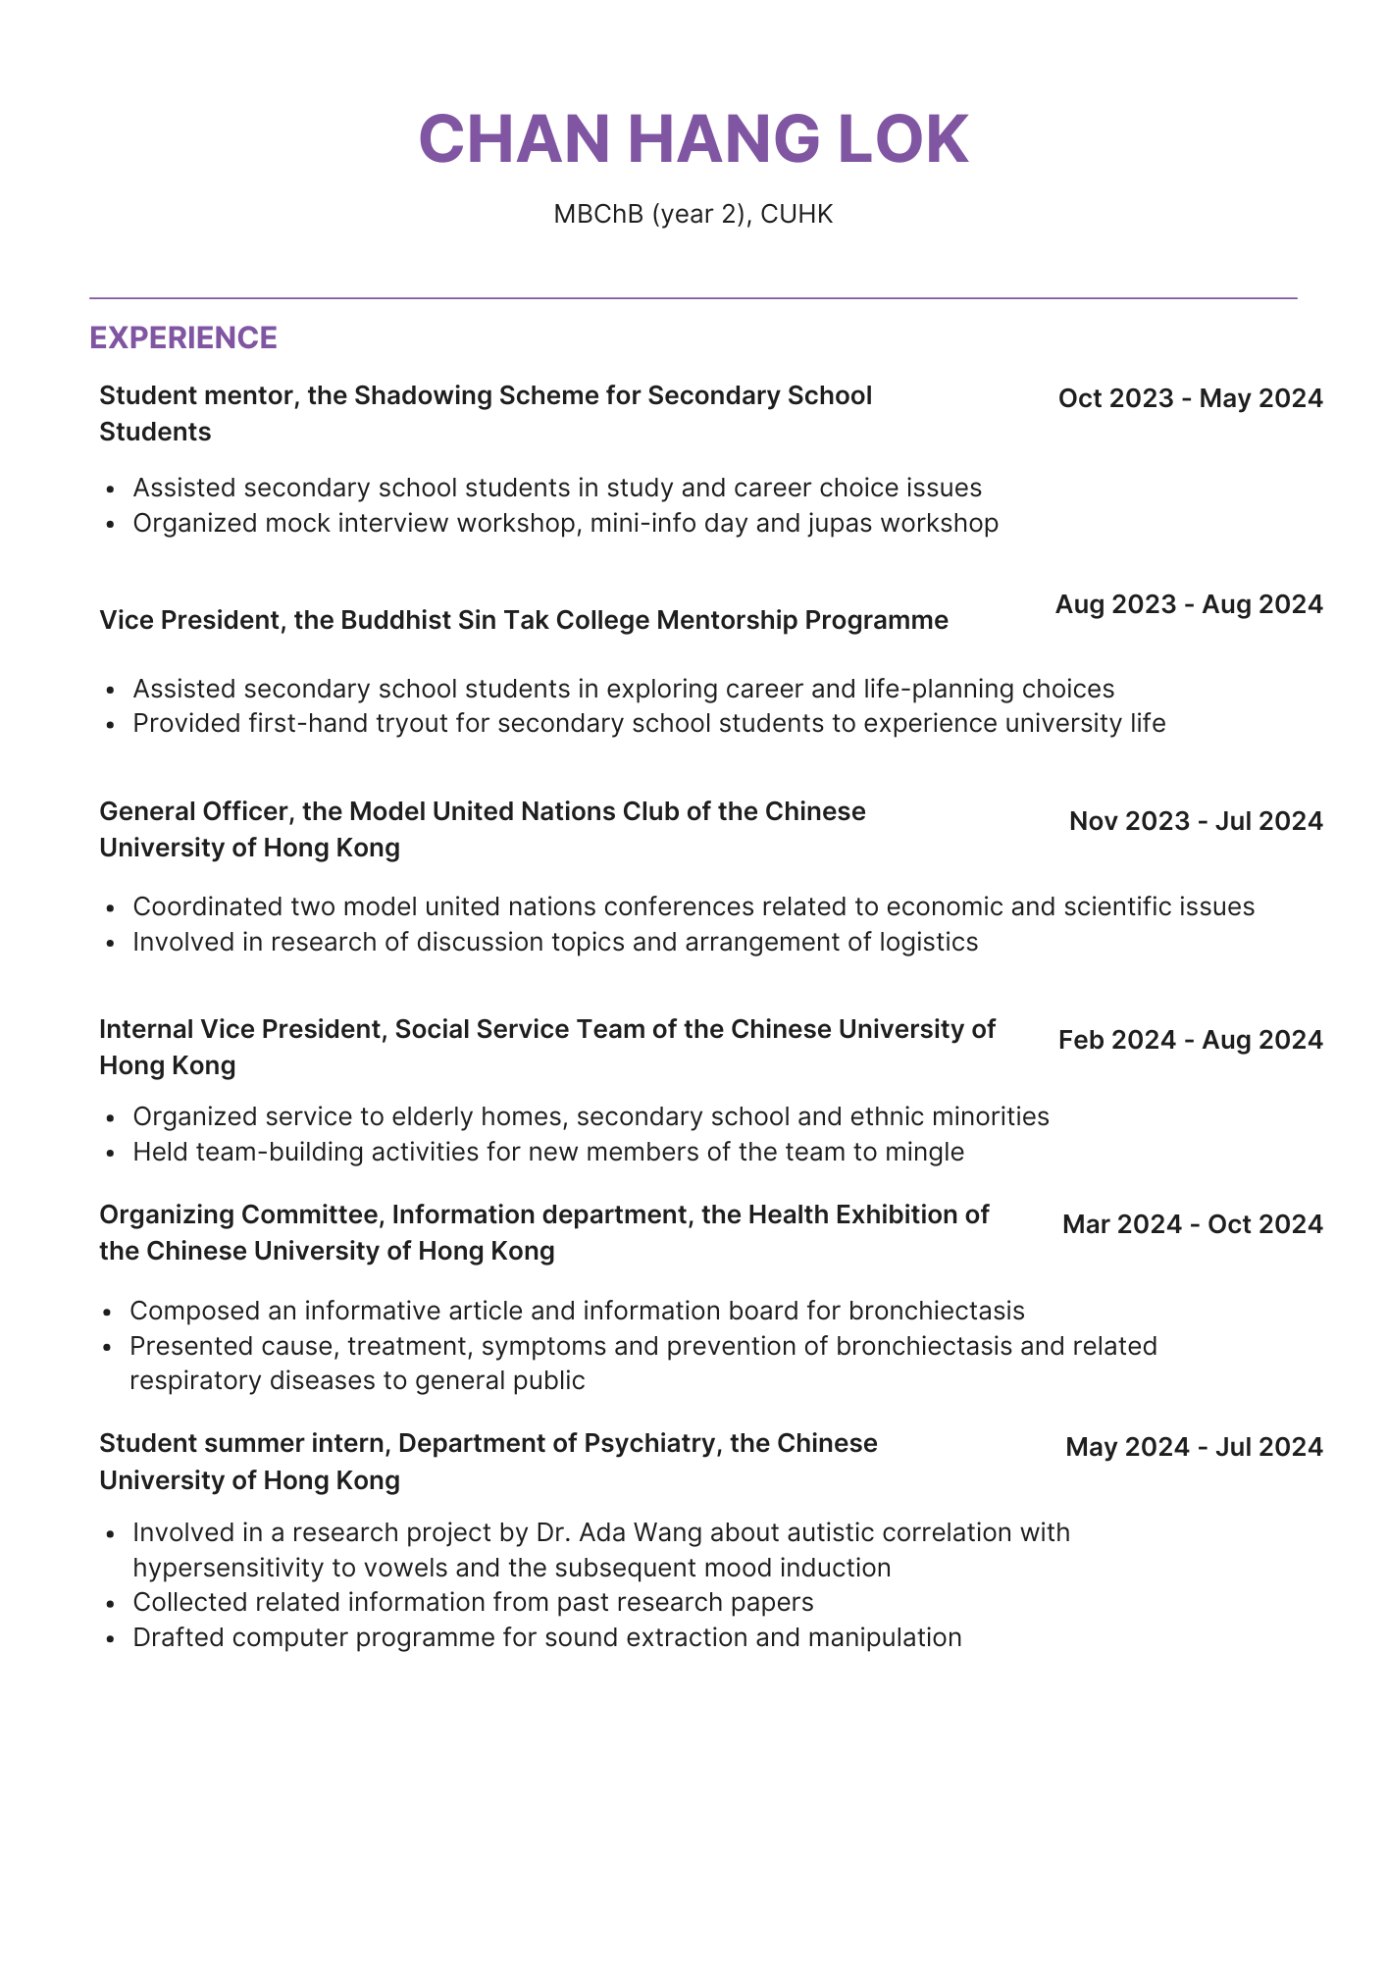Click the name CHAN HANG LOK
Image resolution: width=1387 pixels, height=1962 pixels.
[x=693, y=139]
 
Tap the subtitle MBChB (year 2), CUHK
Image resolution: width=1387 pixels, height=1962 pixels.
[x=693, y=214]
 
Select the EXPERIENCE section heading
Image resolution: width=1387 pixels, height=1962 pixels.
[x=183, y=337]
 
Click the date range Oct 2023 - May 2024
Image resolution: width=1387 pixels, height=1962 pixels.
[x=1190, y=398]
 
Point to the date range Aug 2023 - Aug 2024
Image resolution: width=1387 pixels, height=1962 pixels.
[x=1189, y=604]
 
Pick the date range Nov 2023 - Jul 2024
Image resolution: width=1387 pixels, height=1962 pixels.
[x=1196, y=821]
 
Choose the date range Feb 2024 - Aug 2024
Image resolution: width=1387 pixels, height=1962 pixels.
[x=1190, y=1040]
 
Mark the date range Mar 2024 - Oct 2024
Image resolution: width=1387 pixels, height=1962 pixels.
[x=1192, y=1224]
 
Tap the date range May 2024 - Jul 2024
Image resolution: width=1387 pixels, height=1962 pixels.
[x=1194, y=1447]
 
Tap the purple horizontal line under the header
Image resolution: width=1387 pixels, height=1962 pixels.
[x=693, y=297]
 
